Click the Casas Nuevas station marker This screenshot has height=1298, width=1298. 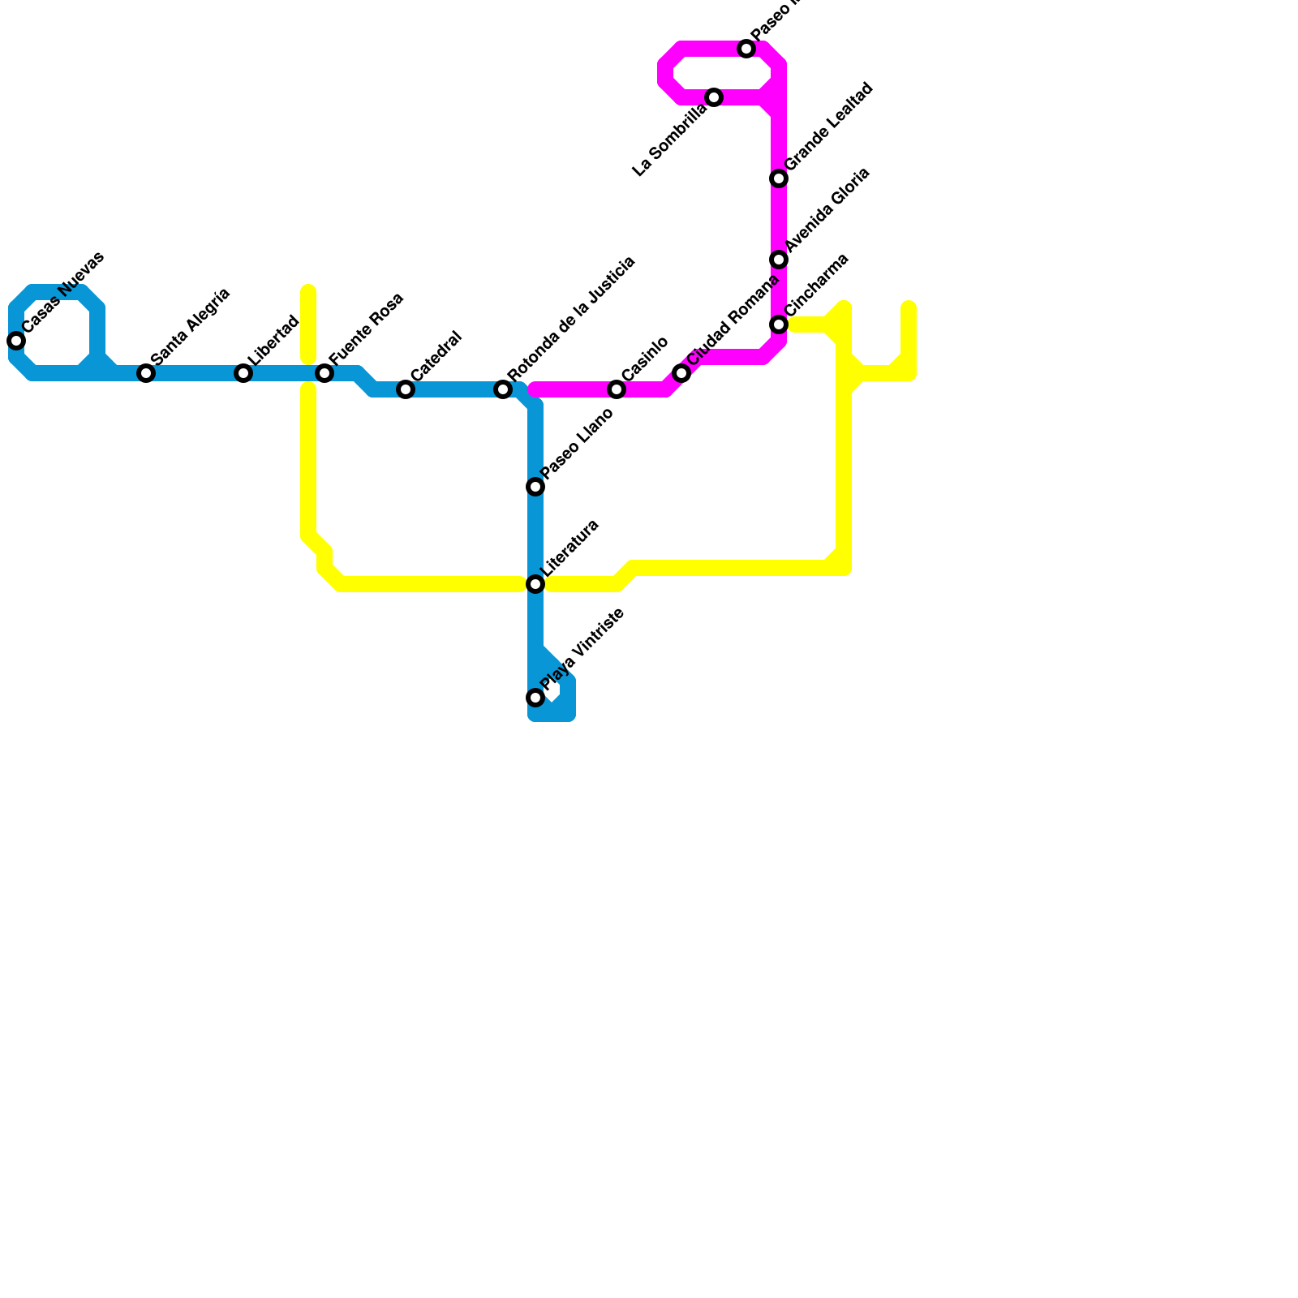(16, 341)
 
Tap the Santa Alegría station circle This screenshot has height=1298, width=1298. (146, 373)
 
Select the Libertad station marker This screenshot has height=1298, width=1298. (243, 373)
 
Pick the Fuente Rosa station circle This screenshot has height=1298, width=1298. (324, 373)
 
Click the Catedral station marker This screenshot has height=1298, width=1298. (406, 389)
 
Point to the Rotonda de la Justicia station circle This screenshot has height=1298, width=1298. (503, 389)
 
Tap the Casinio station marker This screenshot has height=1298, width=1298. (617, 389)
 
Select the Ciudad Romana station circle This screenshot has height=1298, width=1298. (681, 373)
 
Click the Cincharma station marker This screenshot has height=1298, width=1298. (779, 324)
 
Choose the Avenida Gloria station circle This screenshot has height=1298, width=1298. (779, 260)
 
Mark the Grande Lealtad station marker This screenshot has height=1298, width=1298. (779, 178)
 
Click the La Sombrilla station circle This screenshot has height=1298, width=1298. (714, 97)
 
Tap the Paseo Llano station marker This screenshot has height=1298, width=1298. (535, 487)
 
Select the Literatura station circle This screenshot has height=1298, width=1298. (535, 584)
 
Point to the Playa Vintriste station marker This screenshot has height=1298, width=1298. (535, 698)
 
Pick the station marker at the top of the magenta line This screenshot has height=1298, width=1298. (746, 49)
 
